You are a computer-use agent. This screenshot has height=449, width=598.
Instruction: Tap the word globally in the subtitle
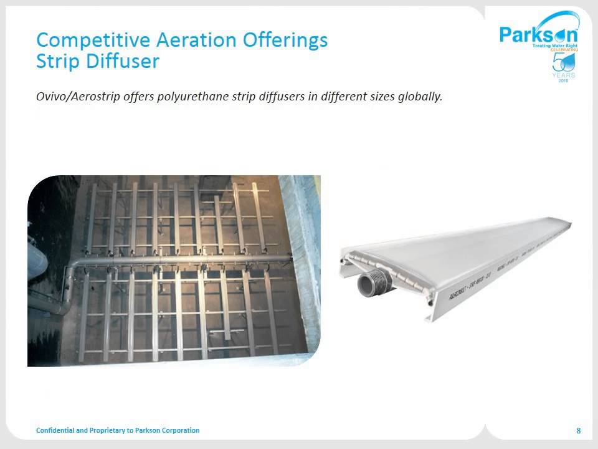click(x=418, y=97)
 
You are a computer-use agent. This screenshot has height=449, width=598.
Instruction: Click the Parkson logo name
click(x=538, y=33)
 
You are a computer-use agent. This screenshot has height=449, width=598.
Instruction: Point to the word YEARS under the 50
click(x=564, y=75)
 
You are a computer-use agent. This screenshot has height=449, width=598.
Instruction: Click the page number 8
click(x=579, y=431)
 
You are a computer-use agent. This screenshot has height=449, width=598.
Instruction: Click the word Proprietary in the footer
click(x=108, y=430)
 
